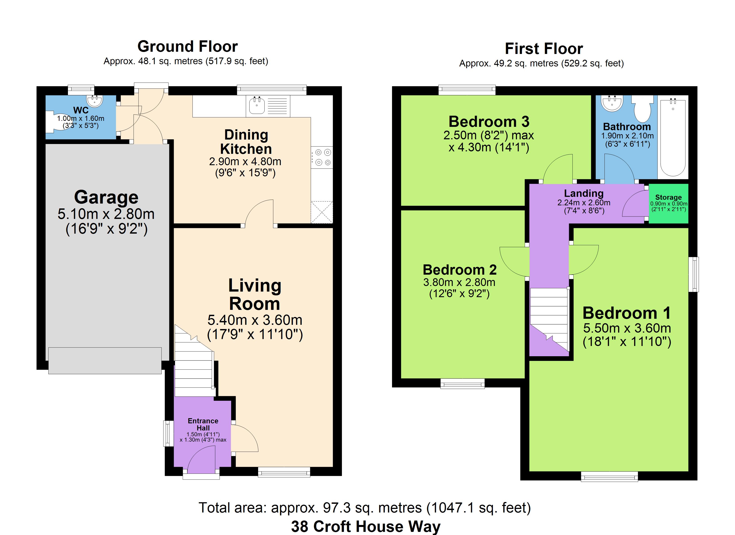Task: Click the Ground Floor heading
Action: (x=188, y=46)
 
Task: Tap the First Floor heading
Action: (x=544, y=49)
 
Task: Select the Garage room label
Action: (x=106, y=197)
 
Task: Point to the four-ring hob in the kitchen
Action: (x=322, y=157)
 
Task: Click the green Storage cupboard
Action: (x=668, y=204)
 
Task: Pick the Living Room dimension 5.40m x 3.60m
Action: (x=255, y=320)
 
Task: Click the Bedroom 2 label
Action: (x=459, y=270)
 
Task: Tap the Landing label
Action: (x=584, y=193)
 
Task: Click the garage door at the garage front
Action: (x=105, y=360)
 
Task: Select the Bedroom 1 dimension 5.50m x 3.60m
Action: (x=627, y=328)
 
